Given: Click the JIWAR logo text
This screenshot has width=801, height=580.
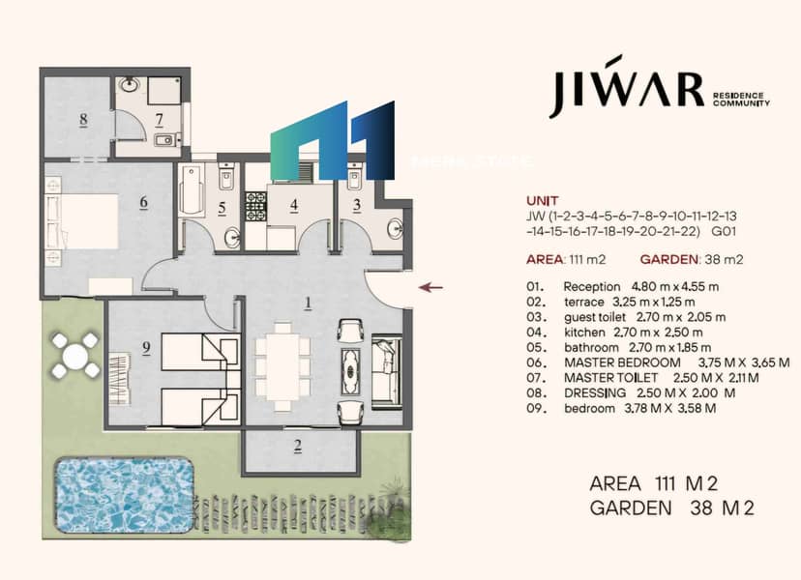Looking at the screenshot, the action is (x=626, y=88).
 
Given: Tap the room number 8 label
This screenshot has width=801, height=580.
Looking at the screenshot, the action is (x=83, y=120).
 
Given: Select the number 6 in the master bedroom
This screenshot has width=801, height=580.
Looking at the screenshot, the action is (x=143, y=202).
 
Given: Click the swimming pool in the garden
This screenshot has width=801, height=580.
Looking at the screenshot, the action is (x=124, y=494).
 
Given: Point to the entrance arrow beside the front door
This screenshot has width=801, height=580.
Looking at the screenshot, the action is (x=430, y=287).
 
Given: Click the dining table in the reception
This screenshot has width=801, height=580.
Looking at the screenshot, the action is (x=282, y=366).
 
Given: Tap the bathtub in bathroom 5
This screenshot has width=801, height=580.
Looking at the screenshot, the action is (x=193, y=190).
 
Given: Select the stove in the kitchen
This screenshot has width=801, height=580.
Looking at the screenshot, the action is (x=256, y=206).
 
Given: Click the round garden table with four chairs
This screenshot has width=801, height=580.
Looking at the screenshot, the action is (x=75, y=356).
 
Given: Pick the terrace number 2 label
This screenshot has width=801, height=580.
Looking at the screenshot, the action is (x=298, y=447).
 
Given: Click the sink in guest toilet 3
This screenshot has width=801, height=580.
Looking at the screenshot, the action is (x=395, y=228).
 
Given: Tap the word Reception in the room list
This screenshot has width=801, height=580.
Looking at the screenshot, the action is (x=591, y=287).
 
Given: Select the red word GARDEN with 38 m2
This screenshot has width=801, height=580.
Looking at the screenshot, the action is (x=668, y=259).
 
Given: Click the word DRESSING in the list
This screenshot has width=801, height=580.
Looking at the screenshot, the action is (x=595, y=393).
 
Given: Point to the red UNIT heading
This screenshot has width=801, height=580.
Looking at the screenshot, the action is (x=543, y=201).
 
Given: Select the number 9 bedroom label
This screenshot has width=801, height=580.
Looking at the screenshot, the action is (x=147, y=348).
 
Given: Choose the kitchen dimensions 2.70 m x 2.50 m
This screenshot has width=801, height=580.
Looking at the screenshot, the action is (x=658, y=333).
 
